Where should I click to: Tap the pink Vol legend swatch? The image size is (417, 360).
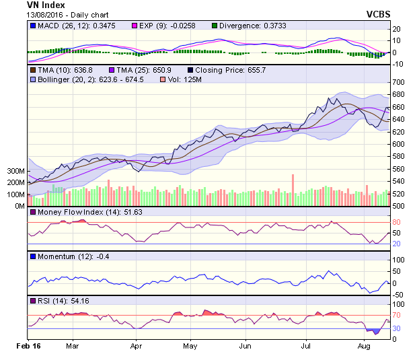pos(161,79)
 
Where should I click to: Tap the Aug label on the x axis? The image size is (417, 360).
pos(364,345)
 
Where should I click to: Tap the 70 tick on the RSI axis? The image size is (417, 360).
pos(397,315)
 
